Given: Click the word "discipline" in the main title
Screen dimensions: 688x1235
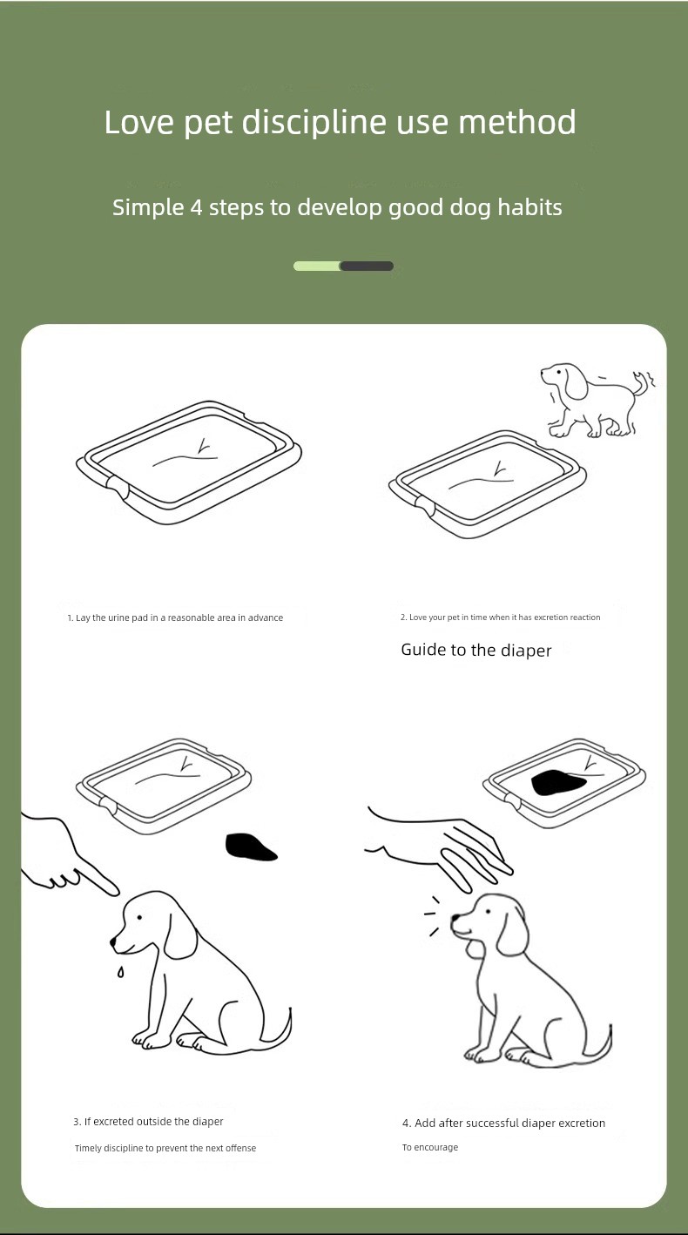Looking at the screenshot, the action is point(314,122).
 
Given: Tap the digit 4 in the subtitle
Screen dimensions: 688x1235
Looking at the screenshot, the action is point(196,208).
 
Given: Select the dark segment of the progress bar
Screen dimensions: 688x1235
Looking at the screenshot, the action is point(367,267).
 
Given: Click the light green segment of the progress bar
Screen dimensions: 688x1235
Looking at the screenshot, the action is point(317,267).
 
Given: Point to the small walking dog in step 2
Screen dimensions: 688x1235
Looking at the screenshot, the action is point(597,400).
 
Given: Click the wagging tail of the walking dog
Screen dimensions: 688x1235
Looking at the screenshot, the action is point(643,382).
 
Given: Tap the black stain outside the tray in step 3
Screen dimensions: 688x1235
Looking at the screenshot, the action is point(251,847).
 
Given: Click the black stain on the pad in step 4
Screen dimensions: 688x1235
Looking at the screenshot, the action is point(558,783).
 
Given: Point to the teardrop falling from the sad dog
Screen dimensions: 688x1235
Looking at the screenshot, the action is point(120,972).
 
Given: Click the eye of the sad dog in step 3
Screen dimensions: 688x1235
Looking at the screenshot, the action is point(139,917).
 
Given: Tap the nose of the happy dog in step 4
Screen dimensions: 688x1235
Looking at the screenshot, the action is point(456,918).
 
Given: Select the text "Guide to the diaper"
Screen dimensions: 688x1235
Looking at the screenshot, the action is point(476,650).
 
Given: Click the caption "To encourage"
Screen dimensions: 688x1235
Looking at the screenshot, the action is point(430,1147).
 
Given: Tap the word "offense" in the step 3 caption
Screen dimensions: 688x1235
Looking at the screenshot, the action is point(241,1148).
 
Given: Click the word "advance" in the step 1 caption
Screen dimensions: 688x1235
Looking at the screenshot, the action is point(265,617).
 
